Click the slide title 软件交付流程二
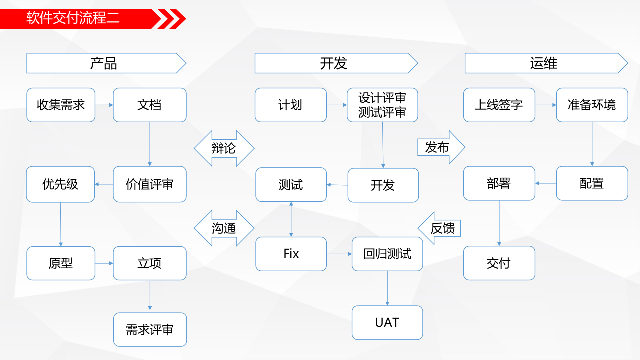tap(73, 19)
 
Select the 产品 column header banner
tap(104, 63)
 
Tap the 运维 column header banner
tap(544, 63)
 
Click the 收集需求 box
tap(61, 105)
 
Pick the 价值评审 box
tap(149, 184)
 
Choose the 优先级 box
tap(60, 184)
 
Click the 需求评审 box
tap(150, 330)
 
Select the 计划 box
tap(290, 105)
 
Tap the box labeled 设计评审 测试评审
tap(382, 105)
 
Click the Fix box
tap(291, 254)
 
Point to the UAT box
tap(387, 322)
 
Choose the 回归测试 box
tap(387, 254)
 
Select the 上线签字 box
tap(499, 105)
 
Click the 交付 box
tap(499, 263)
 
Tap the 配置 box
tap(592, 183)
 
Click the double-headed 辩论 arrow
tap(224, 148)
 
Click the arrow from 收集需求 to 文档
tap(104, 105)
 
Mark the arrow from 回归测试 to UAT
tap(387, 288)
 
